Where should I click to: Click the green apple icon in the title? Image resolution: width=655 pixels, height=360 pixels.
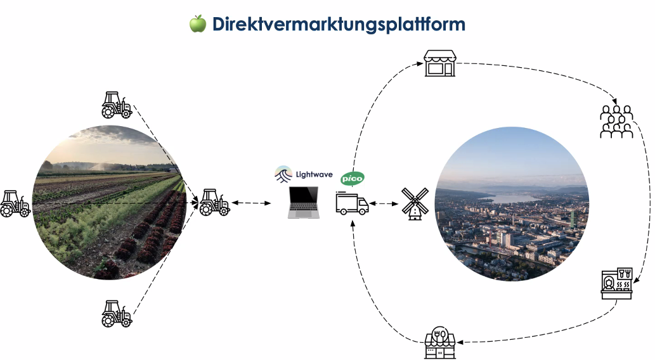point(198,24)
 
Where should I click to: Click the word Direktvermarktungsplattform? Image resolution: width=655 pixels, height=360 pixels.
point(339,24)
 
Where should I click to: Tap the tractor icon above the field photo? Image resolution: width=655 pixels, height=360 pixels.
point(117,105)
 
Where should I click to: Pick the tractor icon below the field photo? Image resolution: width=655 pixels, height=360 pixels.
point(117,313)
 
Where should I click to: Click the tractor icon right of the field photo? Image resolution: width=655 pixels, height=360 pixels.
point(214,203)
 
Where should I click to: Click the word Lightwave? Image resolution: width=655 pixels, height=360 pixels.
point(315,174)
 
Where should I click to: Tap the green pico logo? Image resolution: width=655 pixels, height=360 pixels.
point(353,179)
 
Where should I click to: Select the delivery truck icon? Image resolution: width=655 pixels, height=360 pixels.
point(352,203)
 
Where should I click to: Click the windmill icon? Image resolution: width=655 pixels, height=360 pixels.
point(416,203)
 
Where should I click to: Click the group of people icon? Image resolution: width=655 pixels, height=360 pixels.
point(616,122)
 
